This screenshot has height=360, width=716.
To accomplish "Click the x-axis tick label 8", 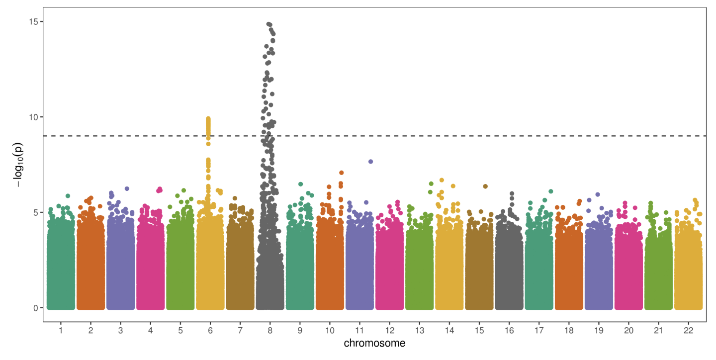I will pos(270,330).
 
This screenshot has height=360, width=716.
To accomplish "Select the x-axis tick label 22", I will pos(689,330).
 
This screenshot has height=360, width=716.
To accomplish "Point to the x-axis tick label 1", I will pos(61,330).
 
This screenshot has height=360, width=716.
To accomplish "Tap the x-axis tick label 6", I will pos(210,330).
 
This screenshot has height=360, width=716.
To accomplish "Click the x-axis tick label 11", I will pos(360,330).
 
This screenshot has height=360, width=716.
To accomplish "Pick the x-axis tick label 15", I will pos(479,330).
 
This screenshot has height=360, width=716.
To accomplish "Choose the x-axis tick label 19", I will pos(599,330).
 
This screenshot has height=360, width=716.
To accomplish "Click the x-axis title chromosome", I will pos(374,344).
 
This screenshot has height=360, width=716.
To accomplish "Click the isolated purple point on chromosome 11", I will pos(370,162).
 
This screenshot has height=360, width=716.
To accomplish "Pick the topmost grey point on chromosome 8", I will pos(268,24).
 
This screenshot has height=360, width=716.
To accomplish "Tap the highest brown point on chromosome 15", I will pos(485,186).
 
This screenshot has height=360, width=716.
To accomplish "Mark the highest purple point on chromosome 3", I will pos(127,189).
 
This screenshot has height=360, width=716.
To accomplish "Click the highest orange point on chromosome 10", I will pos(342,173).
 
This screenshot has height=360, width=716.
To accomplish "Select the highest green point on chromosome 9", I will pos(301,184).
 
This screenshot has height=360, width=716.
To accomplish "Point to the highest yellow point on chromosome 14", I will pos(442,180).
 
